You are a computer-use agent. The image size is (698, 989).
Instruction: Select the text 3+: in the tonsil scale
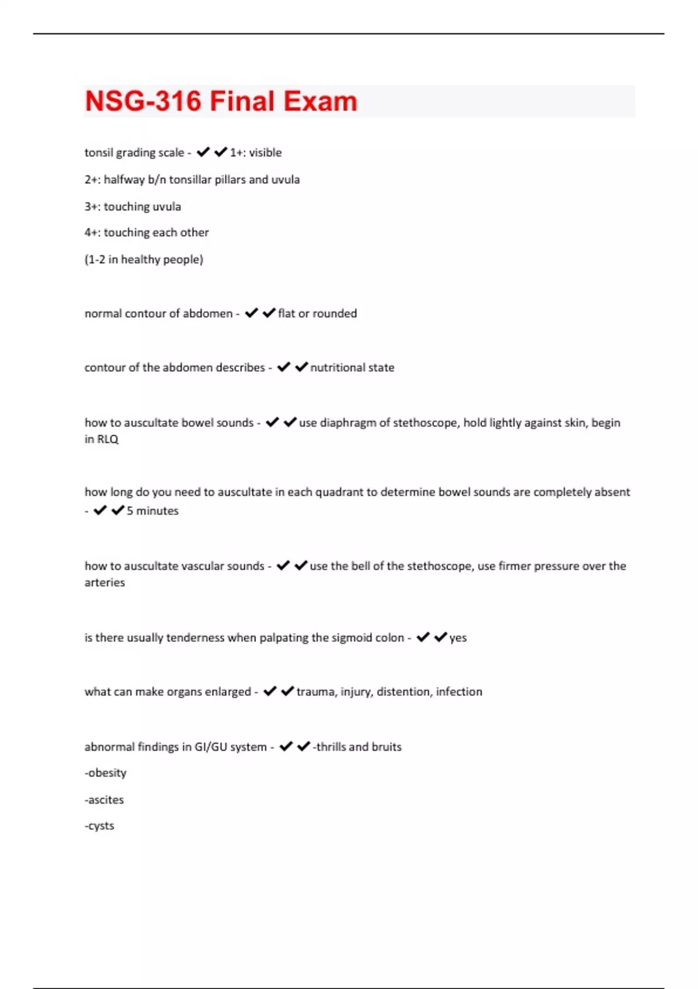pos(92,207)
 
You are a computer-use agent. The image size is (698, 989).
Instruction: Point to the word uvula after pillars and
pos(286,180)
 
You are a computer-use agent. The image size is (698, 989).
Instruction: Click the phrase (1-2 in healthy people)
pos(144,259)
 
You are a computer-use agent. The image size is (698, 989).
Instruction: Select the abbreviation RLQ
pos(108,439)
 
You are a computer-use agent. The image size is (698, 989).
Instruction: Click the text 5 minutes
pos(152,511)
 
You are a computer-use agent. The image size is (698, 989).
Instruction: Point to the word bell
pos(359,566)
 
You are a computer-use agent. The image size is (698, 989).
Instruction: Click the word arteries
pos(105,582)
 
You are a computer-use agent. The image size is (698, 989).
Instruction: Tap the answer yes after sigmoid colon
pos(458,638)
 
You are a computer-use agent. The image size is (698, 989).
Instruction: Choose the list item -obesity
pos(105,773)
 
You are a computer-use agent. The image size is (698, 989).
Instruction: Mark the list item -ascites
pos(104,800)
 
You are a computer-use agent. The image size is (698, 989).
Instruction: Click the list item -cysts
pos(99,826)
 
